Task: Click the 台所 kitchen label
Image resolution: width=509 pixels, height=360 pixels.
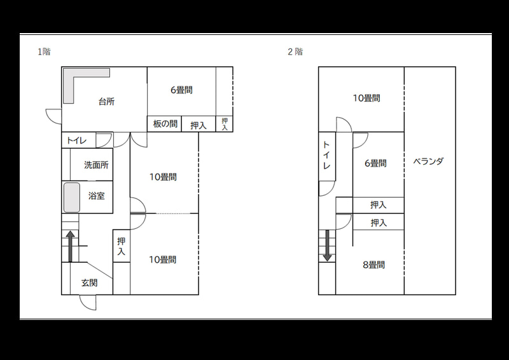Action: coord(106,102)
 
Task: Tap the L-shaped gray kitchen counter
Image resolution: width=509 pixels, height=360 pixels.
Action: coord(69,85)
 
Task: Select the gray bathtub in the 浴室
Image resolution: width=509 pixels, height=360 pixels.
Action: coord(71,198)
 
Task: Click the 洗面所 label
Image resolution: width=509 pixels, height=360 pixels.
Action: coord(96,165)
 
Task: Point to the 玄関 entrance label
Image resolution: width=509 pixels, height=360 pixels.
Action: coord(89,283)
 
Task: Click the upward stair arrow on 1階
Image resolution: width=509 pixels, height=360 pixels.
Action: coord(71,246)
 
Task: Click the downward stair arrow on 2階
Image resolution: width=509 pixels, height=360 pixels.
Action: coord(327,246)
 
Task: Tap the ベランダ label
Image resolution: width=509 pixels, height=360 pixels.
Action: coord(428,162)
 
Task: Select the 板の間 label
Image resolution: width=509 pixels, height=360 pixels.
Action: coord(165,123)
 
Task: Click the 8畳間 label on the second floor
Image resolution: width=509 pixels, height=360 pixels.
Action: coord(373,265)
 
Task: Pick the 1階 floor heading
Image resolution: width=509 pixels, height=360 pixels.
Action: coord(44,52)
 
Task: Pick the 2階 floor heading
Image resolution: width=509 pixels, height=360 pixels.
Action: coord(295,52)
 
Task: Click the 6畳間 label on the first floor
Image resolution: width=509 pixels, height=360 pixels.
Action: coord(181,90)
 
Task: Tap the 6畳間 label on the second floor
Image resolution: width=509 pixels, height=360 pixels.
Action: coord(375,163)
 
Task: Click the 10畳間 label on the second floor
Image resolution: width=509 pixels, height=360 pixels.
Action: coord(366,98)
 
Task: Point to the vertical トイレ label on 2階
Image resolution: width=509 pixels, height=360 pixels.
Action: coord(326,155)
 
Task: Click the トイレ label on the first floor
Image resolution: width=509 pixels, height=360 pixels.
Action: coord(76,141)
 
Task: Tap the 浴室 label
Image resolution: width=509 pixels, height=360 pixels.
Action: coord(97,196)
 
